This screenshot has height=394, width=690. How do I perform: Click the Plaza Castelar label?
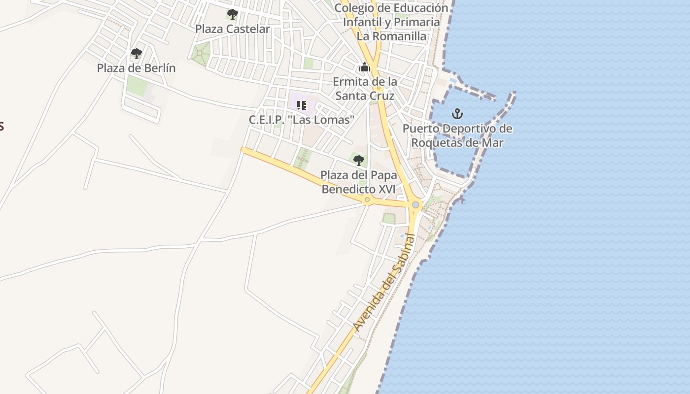[232, 29]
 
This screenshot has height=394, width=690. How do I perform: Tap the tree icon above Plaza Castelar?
[232, 14]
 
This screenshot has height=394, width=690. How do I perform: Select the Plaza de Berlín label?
[136, 68]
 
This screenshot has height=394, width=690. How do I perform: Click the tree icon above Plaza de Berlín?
[136, 53]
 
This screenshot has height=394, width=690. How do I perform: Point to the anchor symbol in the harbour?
[457, 114]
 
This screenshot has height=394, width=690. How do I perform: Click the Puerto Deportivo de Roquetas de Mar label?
[457, 136]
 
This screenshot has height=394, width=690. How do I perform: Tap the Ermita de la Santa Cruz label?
[365, 89]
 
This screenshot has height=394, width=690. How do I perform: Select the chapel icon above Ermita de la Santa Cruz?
[365, 67]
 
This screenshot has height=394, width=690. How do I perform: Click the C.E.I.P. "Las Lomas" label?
[302, 120]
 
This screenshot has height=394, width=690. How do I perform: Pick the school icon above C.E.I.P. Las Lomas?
[302, 105]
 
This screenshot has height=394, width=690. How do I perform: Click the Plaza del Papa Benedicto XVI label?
[358, 182]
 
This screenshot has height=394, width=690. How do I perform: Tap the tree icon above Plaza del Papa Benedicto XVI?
[358, 160]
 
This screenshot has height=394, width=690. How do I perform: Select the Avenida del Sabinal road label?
[385, 282]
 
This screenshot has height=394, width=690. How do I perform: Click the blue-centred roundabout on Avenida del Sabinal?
[415, 205]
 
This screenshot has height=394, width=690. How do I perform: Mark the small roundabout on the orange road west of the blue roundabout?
[367, 199]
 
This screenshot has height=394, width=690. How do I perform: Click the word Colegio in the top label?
[353, 8]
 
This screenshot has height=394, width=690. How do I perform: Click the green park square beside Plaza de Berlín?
[137, 86]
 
